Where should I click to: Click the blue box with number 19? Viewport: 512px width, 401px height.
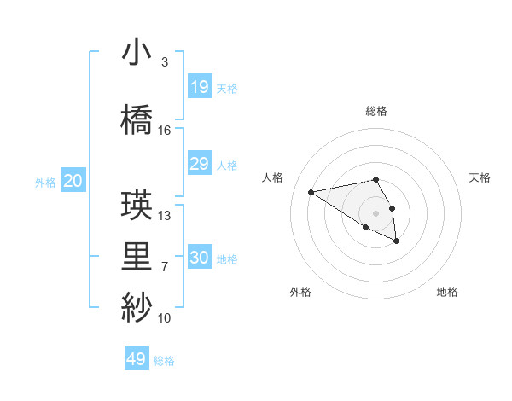pyautogui.click(x=200, y=87)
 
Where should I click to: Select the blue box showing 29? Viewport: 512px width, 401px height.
pyautogui.click(x=200, y=164)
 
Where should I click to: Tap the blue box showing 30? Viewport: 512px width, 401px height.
pyautogui.click(x=200, y=258)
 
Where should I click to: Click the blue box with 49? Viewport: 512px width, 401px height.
pyautogui.click(x=137, y=359)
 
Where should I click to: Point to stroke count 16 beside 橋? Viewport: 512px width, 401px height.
pyautogui.click(x=165, y=131)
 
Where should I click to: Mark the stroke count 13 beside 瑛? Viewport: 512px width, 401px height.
pyautogui.click(x=165, y=216)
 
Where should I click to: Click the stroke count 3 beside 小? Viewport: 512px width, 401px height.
pyautogui.click(x=164, y=62)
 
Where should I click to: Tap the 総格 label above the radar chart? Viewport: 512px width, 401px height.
pyautogui.click(x=375, y=111)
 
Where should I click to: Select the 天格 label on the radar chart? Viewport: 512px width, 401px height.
pyautogui.click(x=480, y=177)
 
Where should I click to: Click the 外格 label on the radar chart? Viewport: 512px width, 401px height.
pyautogui.click(x=300, y=292)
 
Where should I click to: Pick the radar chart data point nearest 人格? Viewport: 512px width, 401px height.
pyautogui.click(x=311, y=191)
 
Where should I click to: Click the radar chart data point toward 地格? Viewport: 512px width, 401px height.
pyautogui.click(x=397, y=241)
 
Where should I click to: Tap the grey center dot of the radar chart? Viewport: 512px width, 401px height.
pyautogui.click(x=375, y=213)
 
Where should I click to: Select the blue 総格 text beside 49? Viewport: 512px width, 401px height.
pyautogui.click(x=164, y=361)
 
